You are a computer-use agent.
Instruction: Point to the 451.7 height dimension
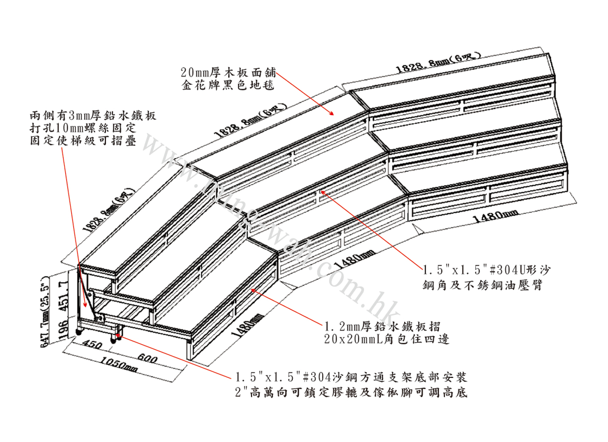click(64, 295)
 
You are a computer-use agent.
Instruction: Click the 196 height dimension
click(64, 329)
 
